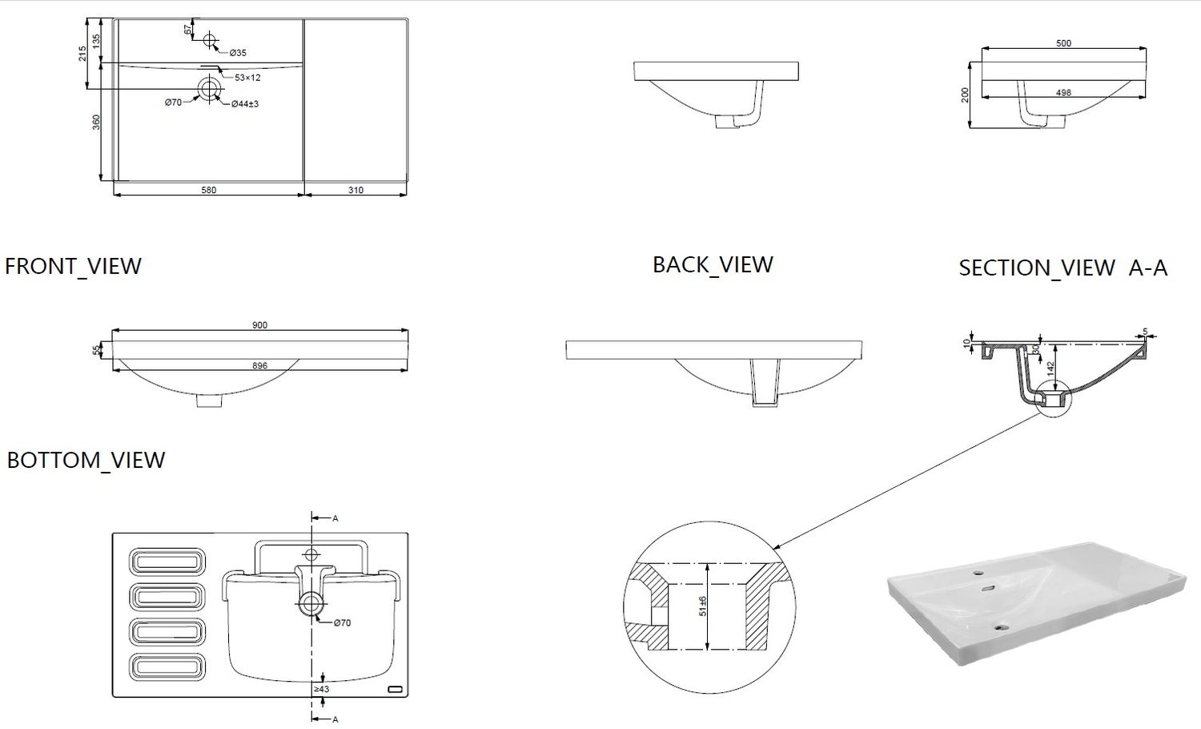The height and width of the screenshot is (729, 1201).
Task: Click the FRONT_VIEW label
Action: click(73, 267)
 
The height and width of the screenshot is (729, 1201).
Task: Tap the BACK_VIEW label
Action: click(713, 265)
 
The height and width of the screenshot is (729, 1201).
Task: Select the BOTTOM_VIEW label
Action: click(86, 461)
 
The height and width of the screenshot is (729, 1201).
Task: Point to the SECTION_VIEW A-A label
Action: click(1062, 268)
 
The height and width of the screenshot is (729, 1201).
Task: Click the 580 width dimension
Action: click(208, 190)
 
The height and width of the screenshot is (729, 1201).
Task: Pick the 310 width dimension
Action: click(355, 190)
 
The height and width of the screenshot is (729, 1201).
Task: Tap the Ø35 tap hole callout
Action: click(238, 53)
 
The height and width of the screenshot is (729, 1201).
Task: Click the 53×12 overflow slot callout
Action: click(247, 77)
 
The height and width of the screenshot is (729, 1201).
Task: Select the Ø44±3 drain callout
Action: click(245, 103)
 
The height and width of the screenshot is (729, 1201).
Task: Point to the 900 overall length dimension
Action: click(259, 325)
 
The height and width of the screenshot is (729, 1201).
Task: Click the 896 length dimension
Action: click(259, 366)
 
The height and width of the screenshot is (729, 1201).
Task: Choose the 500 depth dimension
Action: click(1064, 43)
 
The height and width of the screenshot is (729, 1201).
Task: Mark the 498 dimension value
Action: click(1064, 92)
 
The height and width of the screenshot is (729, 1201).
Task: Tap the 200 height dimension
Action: click(966, 95)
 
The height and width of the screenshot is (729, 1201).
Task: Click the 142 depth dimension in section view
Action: click(1050, 368)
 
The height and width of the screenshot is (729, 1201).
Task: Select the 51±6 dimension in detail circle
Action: click(703, 606)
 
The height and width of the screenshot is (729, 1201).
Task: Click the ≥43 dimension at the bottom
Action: click(322, 689)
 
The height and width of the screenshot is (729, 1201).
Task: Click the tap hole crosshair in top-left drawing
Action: click(210, 39)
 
